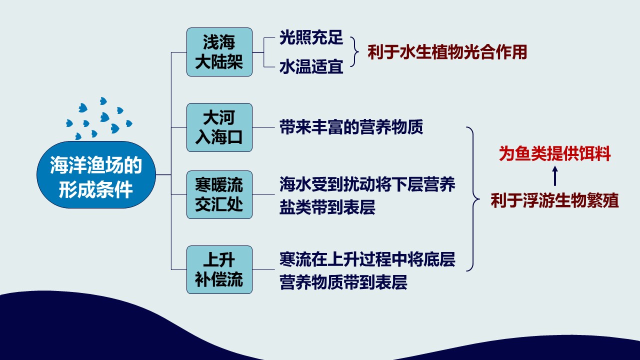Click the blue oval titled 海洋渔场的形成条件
(96, 174)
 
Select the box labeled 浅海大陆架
(219, 52)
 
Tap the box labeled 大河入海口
(219, 127)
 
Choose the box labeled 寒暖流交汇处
(219, 195)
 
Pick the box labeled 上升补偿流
(219, 269)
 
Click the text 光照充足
(311, 37)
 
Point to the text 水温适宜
(311, 66)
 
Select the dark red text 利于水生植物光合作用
(447, 52)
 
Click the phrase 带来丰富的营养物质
(351, 127)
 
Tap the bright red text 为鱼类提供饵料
(554, 153)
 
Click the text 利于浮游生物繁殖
(554, 200)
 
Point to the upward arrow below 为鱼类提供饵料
(555, 176)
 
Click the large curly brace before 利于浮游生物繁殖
(473, 199)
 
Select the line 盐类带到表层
(327, 207)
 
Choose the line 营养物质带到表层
(343, 282)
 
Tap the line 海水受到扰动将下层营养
(367, 184)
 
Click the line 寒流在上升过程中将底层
(367, 259)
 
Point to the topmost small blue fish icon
(103, 101)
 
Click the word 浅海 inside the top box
(219, 42)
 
